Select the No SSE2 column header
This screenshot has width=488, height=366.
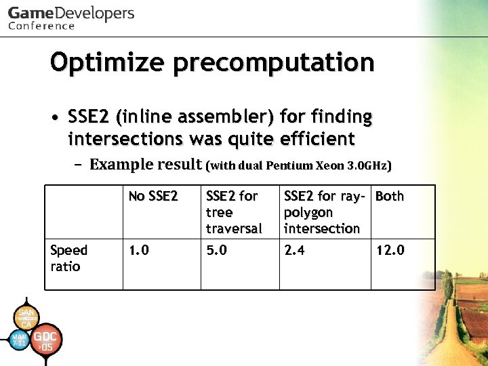click(153, 197)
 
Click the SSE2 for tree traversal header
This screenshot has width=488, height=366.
click(233, 212)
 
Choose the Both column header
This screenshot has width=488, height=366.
click(390, 197)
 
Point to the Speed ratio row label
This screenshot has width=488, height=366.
click(68, 258)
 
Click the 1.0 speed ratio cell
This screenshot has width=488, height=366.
click(140, 251)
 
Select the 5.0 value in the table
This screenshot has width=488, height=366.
click(217, 251)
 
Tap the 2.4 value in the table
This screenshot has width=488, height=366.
click(296, 251)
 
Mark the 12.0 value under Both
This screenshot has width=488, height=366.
click(390, 251)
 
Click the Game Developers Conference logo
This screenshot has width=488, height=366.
click(71, 18)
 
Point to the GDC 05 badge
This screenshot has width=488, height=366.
click(46, 341)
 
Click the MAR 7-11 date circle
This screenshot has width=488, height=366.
click(19, 340)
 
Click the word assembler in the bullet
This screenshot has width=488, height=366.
click(228, 117)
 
